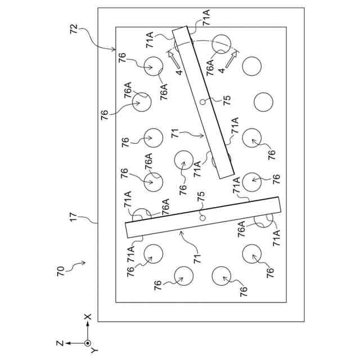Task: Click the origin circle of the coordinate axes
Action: pyautogui.click(x=87, y=343)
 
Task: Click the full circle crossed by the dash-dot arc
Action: pyautogui.click(x=221, y=42)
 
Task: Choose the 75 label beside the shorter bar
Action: pyautogui.click(x=227, y=100)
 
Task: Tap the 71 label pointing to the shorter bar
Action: pyautogui.click(x=176, y=134)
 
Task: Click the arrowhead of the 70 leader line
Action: pyautogui.click(x=85, y=262)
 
